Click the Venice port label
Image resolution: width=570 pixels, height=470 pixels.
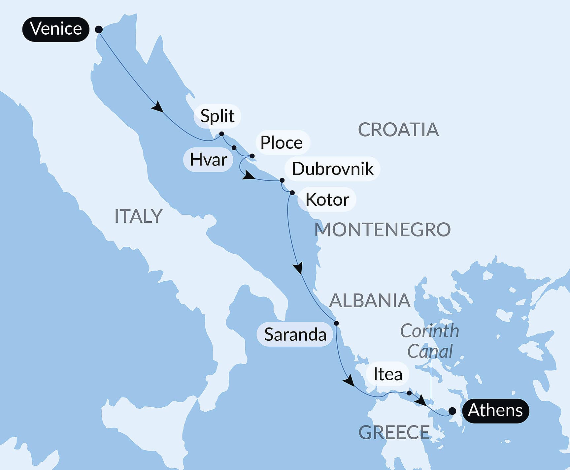coord(56,29)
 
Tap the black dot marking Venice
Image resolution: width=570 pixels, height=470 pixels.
coord(99,29)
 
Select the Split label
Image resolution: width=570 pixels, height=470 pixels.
coord(217,116)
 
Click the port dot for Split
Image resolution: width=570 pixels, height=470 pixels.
coord(222,134)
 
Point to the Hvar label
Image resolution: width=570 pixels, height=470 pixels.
coord(208,160)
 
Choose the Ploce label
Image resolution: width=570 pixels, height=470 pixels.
coord(282,143)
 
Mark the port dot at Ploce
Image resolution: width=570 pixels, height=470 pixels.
coord(252,156)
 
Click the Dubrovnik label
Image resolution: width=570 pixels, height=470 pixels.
coord(332,169)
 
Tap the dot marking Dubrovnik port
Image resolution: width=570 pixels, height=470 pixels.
coord(282,180)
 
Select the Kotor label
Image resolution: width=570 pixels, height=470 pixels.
coord(327,200)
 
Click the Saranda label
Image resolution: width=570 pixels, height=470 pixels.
coord(295,334)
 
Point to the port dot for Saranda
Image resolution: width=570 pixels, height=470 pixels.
coord(336,323)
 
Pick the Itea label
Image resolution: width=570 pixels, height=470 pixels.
coord(388,374)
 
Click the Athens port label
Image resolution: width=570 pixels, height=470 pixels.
coord(495,411)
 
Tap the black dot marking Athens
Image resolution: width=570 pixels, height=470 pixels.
coord(452,411)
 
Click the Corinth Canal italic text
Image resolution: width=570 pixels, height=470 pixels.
coord(430,341)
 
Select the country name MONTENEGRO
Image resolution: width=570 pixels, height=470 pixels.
coord(382,230)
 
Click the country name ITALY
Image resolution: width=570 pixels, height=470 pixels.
coord(138,216)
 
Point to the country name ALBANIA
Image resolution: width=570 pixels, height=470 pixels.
coord(370,301)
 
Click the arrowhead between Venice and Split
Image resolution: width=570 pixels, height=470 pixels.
coord(158,107)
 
